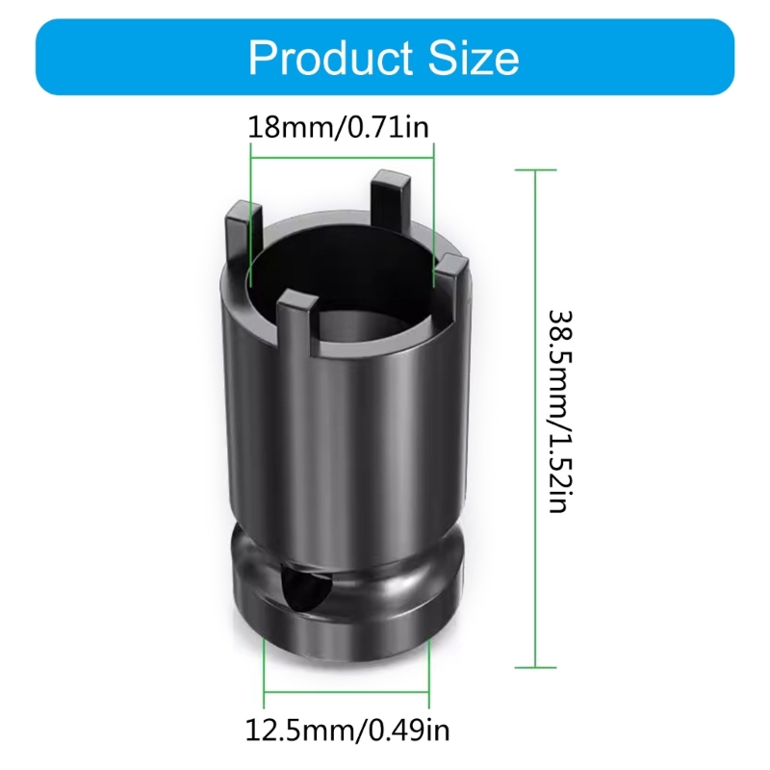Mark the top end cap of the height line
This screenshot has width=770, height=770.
pos(536,170)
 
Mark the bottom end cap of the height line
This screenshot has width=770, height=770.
pos(536,666)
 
